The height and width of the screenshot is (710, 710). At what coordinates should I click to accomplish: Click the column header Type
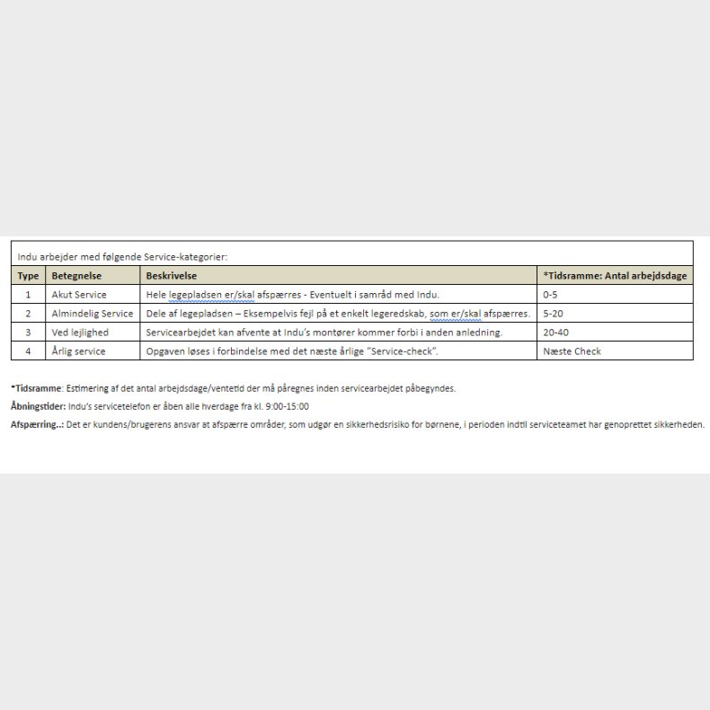point(28,276)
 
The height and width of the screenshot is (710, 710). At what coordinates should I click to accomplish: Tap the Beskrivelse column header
point(171,276)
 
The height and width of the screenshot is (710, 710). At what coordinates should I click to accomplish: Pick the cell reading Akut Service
point(79,295)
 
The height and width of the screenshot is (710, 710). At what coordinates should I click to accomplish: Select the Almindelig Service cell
point(92,314)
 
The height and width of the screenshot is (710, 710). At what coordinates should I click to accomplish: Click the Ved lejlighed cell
point(80,333)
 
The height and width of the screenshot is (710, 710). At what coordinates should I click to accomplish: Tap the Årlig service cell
point(78,351)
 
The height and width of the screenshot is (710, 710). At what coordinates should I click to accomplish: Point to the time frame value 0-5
point(550,295)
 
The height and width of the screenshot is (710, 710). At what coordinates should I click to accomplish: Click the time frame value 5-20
point(553,314)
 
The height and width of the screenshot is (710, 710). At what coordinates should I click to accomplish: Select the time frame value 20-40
point(555,333)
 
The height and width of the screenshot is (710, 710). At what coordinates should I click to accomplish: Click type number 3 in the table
point(28,333)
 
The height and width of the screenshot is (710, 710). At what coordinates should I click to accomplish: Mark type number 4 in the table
point(28,351)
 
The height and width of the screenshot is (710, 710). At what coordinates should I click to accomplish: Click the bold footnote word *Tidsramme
point(36,389)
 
